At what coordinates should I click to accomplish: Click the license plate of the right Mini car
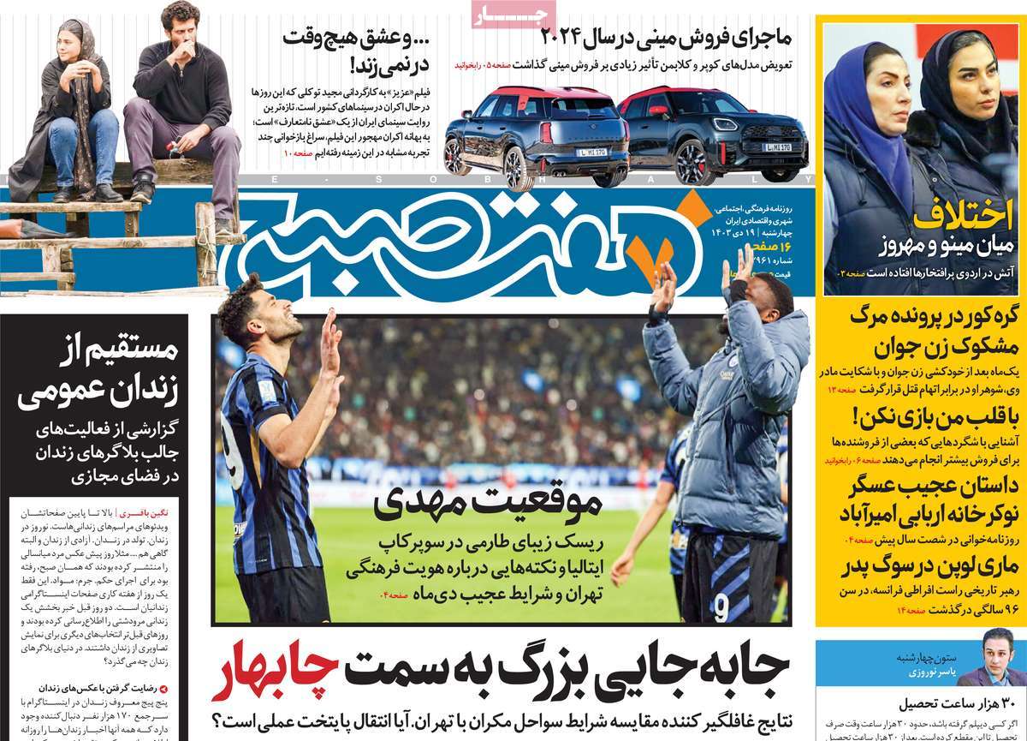tap(776, 147)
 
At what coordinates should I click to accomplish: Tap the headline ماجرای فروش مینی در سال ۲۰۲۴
tap(667, 38)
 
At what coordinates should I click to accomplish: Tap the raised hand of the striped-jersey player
tap(330, 341)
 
